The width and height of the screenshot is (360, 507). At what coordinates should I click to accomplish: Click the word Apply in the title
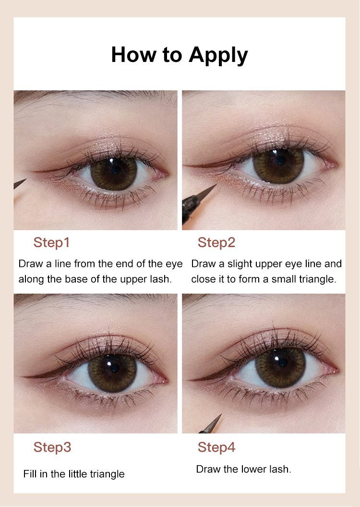click(218, 55)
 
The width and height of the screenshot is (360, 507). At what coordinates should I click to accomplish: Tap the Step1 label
click(51, 242)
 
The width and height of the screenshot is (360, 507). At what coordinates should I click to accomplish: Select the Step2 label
click(216, 242)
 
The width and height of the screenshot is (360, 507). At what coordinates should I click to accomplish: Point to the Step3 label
click(52, 447)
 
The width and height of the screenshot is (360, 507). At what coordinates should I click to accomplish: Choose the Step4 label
click(216, 447)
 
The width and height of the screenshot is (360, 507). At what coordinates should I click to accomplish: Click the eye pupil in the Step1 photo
click(115, 169)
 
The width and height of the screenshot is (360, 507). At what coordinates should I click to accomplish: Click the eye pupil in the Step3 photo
click(114, 368)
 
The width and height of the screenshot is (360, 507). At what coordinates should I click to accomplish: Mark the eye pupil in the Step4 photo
click(282, 362)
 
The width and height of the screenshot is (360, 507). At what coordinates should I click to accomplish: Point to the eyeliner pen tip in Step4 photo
click(222, 414)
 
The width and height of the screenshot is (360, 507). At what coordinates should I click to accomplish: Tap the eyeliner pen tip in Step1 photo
click(26, 180)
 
